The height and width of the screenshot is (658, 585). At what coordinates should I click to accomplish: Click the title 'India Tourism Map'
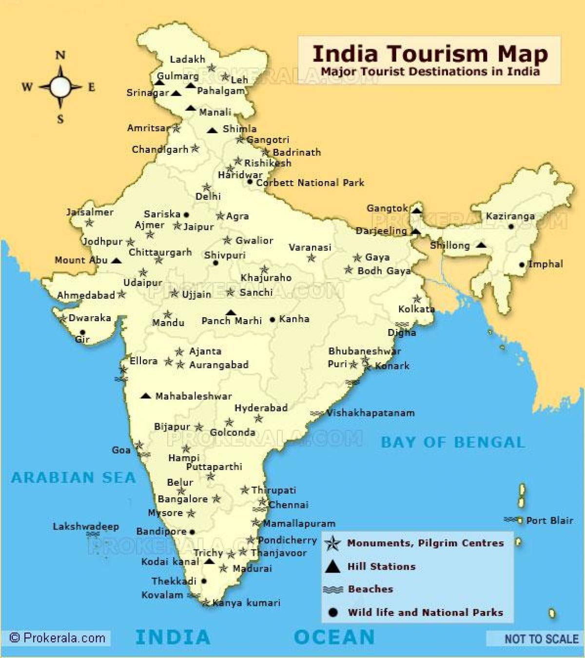pos(429,54)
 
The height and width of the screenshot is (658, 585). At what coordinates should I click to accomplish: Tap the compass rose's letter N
pos(60,55)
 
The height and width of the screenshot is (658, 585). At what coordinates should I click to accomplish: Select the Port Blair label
pos(549,520)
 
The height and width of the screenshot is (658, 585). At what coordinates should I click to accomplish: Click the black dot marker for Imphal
pos(522,265)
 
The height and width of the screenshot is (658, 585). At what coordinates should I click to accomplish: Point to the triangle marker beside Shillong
pos(481,245)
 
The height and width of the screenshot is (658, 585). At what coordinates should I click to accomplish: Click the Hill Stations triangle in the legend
pos(332,566)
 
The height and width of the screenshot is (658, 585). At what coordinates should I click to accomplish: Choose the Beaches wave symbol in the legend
pos(332,590)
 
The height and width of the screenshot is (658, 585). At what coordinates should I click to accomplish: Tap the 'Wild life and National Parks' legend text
pos(425,612)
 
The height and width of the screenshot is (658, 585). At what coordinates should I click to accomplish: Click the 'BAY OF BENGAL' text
pos(453,442)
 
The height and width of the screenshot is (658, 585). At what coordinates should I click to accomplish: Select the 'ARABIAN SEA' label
pos(73,477)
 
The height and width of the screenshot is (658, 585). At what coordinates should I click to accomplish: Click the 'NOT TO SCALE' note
pos(541,638)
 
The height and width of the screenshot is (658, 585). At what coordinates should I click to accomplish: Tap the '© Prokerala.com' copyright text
pos(58,637)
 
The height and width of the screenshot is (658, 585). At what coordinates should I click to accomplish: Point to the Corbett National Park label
pos(310,183)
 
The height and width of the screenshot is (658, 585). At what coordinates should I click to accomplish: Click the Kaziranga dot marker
pos(510,226)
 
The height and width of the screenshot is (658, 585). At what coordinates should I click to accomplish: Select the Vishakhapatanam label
pos(370,413)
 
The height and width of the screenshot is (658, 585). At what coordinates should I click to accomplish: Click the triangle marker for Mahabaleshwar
pos(145,396)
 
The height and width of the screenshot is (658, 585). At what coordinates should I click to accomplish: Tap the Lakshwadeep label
pos(86,526)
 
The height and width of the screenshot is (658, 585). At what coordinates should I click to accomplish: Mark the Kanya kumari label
pos(246,603)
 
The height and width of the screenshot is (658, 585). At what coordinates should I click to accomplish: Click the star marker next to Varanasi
pos(311,258)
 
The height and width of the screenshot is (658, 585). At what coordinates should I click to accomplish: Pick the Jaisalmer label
pos(90,212)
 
